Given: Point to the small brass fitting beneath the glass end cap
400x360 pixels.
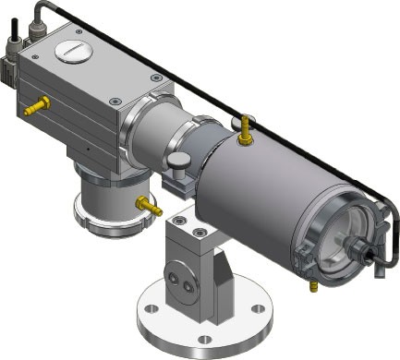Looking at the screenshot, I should pos(311,289).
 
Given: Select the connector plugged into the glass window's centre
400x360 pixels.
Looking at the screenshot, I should pos(358,247).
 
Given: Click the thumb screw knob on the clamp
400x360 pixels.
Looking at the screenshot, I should pos(176,163).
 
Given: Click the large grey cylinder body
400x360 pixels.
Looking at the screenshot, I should pos(249,198).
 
